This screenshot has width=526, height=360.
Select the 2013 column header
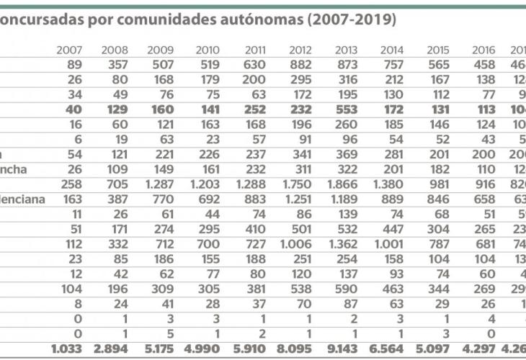[x=347, y=50]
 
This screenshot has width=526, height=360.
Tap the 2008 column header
[x=115, y=50]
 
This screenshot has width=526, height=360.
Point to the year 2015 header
[x=437, y=50]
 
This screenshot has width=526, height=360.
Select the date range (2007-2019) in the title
[x=351, y=19]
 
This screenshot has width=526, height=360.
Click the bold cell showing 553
[x=347, y=109]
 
